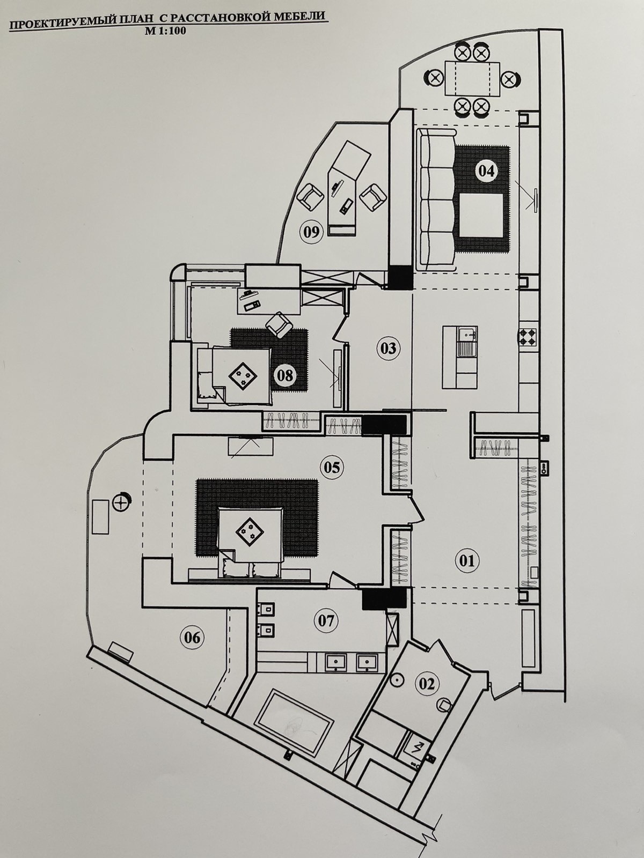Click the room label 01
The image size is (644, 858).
coord(466,561)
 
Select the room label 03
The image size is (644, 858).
coord(388,348)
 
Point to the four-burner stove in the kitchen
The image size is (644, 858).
coord(528,337)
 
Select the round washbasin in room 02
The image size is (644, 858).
coord(397,680)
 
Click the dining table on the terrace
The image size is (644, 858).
coord(472,78)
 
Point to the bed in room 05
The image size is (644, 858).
coord(249,538)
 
